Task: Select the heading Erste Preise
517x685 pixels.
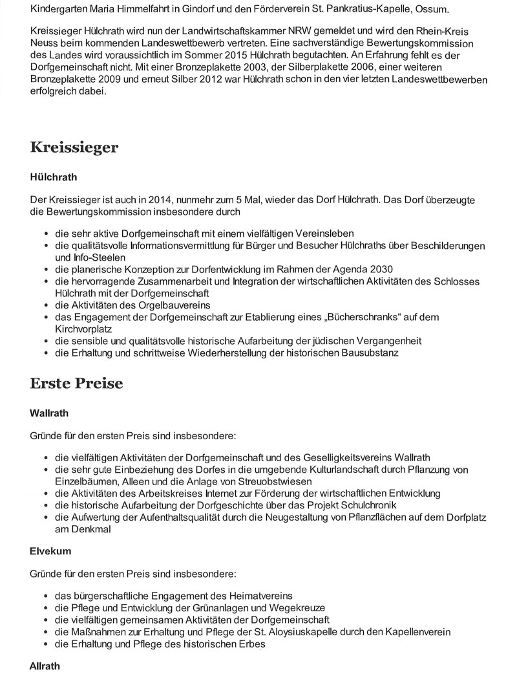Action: tap(76, 383)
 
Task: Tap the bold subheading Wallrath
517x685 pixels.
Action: tap(49, 412)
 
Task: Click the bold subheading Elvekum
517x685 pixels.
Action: tap(50, 552)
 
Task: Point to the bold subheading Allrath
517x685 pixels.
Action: tap(46, 666)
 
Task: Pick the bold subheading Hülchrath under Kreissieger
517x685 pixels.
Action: tap(54, 177)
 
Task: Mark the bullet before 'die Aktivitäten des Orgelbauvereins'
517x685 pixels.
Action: tap(47, 305)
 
